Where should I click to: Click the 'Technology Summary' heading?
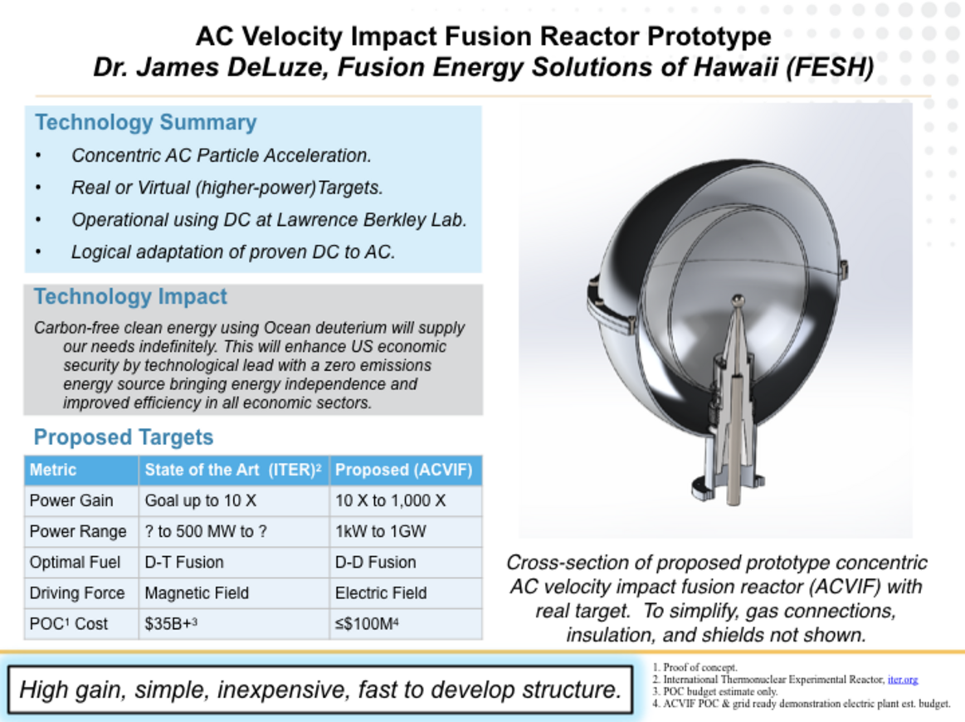[146, 123]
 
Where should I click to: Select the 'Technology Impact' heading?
[130, 296]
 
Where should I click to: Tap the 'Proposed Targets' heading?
[123, 437]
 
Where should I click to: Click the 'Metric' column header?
[53, 470]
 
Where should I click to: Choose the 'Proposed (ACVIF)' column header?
[404, 470]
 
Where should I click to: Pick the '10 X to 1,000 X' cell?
[390, 500]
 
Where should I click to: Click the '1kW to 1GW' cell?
[380, 531]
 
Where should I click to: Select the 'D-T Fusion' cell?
[184, 562]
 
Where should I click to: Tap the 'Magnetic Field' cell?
[197, 593]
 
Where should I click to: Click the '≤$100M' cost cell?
[367, 623]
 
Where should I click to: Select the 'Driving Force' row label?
[77, 593]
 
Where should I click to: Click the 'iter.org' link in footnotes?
[903, 680]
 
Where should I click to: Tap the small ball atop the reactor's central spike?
[738, 301]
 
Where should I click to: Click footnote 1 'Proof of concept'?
[695, 667]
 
